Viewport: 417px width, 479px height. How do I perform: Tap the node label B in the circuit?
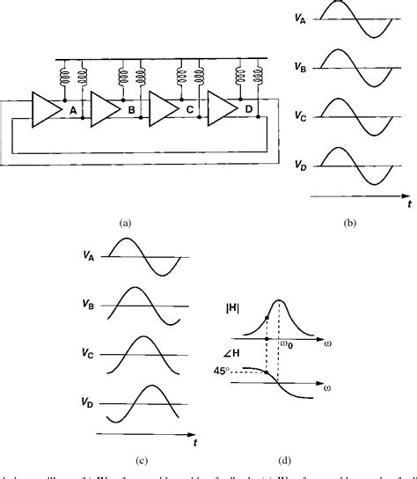coord(131,110)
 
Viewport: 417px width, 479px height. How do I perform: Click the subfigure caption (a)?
coord(125,224)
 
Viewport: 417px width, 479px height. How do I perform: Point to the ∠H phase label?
coord(231,353)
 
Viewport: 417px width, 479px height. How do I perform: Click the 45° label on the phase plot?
coord(227,372)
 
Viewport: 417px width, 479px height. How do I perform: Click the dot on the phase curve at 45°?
coord(267,372)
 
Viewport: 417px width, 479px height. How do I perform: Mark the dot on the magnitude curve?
coord(267,314)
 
